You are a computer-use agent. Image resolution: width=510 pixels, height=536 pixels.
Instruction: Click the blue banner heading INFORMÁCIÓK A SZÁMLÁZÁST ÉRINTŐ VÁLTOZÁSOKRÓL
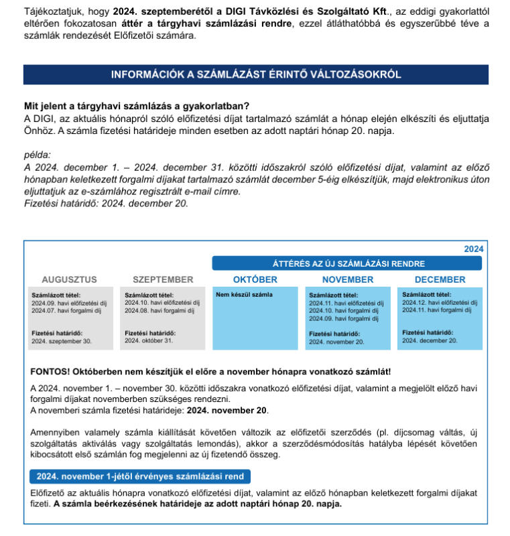tap(255, 74)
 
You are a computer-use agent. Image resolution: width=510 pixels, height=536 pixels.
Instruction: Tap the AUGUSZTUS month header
tap(70, 279)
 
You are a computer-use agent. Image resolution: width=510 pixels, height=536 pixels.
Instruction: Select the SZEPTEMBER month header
tap(163, 279)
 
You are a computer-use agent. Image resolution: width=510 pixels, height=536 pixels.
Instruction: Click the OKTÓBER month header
tap(255, 279)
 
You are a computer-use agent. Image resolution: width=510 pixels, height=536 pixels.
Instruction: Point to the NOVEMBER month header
tap(348, 279)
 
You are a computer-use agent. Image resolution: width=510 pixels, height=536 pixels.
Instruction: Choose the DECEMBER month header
tap(440, 279)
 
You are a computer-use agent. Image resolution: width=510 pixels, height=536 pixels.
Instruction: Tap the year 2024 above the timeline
tap(473, 249)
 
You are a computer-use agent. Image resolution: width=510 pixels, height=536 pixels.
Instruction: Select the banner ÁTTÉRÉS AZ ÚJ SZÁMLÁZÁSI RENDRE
tap(348, 263)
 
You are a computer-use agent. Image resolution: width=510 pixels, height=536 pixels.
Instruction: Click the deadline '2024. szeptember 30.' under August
tap(61, 341)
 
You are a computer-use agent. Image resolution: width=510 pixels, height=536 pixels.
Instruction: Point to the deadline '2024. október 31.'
tap(149, 340)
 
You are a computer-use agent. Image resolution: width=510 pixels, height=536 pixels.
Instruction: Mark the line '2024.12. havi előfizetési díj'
tap(440, 302)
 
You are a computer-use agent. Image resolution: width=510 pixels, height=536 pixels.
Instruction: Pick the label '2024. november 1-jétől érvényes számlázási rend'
tap(141, 476)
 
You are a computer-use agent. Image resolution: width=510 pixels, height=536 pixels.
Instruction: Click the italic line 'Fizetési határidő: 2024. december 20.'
tap(106, 204)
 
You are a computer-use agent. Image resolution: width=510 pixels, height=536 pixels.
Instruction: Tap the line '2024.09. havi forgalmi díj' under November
tap(343, 319)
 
